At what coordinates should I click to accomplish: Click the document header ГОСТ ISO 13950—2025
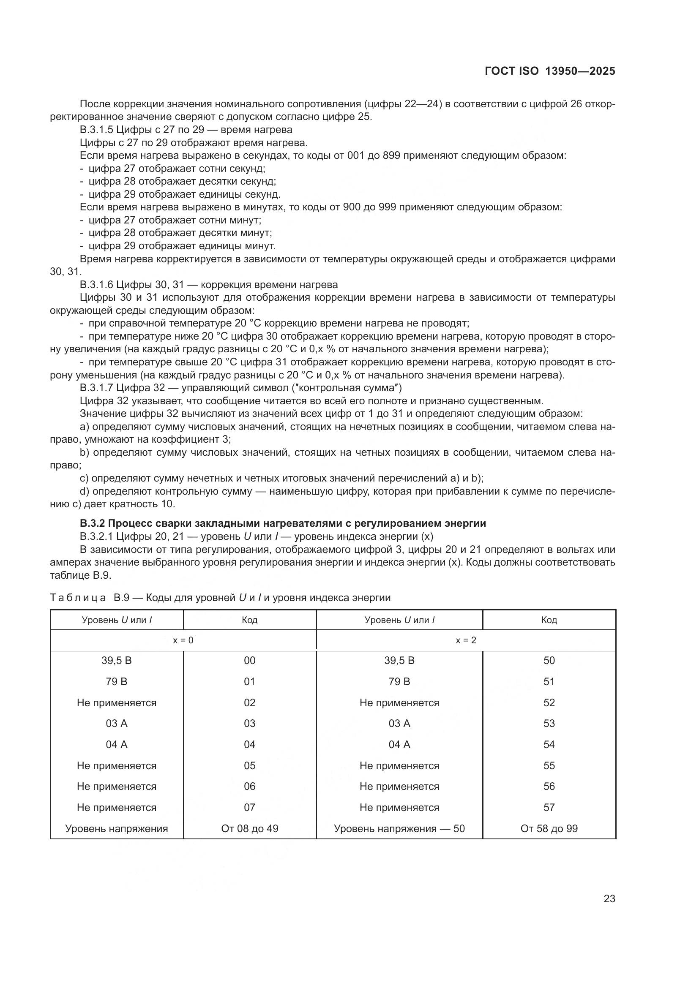pyautogui.click(x=550, y=71)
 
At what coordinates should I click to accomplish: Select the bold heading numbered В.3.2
pyautogui.click(x=283, y=523)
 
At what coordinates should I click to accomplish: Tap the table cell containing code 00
pyautogui.click(x=249, y=661)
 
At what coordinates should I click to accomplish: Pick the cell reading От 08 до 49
pyautogui.click(x=249, y=828)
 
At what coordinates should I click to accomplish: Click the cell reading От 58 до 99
pyautogui.click(x=549, y=828)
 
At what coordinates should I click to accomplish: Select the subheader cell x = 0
pyautogui.click(x=183, y=640)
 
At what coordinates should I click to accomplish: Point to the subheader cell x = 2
pyautogui.click(x=466, y=640)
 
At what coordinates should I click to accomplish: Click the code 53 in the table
pyautogui.click(x=549, y=723)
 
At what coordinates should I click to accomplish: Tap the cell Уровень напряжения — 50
pyautogui.click(x=399, y=828)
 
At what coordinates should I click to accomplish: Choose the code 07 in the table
pyautogui.click(x=249, y=807)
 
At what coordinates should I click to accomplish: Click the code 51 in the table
pyautogui.click(x=549, y=682)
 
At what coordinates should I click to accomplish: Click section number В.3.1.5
pyautogui.click(x=97, y=130)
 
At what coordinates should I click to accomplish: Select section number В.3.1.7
pyautogui.click(x=97, y=388)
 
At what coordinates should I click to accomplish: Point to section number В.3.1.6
pyautogui.click(x=97, y=284)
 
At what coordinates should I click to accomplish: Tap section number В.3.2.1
pyautogui.click(x=97, y=536)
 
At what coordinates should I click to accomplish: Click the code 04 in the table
pyautogui.click(x=249, y=744)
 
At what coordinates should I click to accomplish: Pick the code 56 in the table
pyautogui.click(x=549, y=786)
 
